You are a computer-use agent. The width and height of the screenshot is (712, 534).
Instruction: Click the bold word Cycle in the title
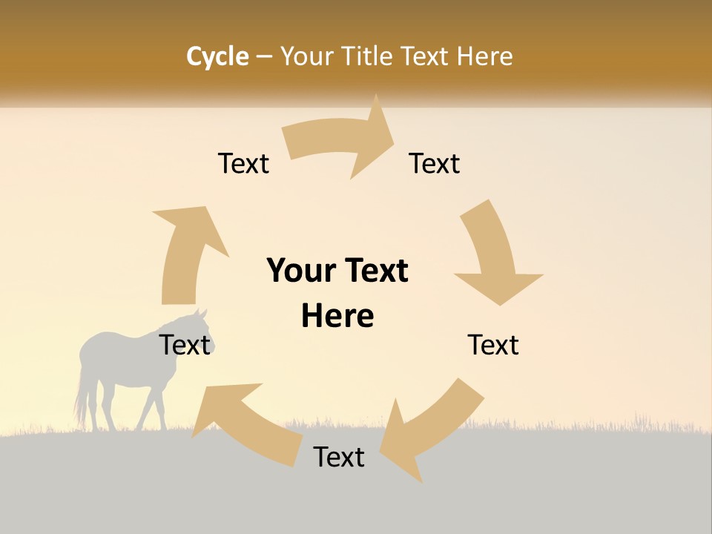coord(217,56)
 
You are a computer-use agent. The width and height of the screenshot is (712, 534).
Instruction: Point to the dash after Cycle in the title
coord(264,56)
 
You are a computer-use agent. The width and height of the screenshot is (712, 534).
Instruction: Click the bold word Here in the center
coord(337,316)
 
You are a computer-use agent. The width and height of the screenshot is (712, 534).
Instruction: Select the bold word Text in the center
coord(374,271)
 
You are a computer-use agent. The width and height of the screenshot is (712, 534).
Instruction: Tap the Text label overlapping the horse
coord(185,345)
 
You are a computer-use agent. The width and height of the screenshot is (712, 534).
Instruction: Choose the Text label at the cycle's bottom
coord(339,457)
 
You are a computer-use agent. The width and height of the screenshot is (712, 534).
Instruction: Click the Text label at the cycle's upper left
coord(243,163)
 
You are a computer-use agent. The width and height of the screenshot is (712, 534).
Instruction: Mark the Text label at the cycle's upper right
coord(435,163)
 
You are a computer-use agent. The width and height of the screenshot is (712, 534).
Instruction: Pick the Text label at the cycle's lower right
coord(493,345)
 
